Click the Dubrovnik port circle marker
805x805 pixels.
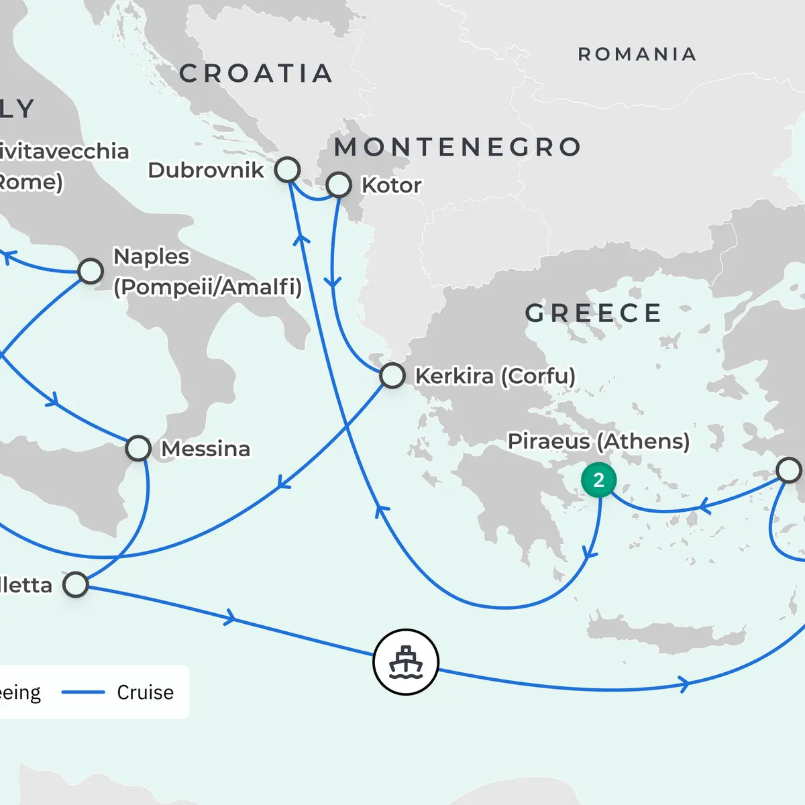pos(287,170)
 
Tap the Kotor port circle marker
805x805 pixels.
pos(339,184)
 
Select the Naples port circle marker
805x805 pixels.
pos(91,271)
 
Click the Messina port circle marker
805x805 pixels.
pos(138,448)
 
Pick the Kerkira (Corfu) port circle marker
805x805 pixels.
pos(392,376)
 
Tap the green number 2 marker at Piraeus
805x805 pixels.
pos(598,480)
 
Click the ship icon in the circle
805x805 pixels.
pos(406,662)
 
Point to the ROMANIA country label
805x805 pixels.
pos(637,54)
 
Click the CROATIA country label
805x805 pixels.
pos(256,73)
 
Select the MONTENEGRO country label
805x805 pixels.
pos(458,147)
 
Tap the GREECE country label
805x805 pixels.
pos(593,313)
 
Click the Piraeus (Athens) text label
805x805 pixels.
pos(598,441)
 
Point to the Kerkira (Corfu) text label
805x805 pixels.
pos(495,376)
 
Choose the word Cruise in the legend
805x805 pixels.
pos(145,692)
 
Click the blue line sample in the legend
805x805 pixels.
pos(83,692)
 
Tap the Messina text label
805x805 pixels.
pos(205,448)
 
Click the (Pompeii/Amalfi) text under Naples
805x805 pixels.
pos(207,287)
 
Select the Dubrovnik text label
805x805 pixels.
pos(206,170)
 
